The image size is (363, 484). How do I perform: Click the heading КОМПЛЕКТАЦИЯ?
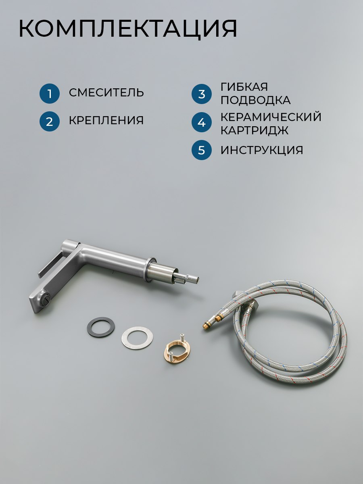coord(128,29)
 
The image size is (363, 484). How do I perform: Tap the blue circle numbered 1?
coord(50,94)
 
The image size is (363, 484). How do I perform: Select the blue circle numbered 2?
coord(50,121)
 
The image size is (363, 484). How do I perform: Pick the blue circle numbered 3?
coord(201,94)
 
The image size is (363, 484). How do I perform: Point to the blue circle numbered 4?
coord(201,122)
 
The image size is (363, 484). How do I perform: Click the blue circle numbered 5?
coord(201,150)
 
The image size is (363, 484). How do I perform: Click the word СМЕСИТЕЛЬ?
coord(106,93)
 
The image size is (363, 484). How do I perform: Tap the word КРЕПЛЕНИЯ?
coord(106,120)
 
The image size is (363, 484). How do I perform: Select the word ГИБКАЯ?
coord(244,87)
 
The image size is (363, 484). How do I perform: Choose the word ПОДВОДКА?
coord(256,100)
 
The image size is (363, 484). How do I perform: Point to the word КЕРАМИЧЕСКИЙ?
coord(271,117)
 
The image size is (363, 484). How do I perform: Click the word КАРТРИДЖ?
coord(255,130)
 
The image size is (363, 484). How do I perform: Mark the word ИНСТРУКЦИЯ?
coord(262,150)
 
